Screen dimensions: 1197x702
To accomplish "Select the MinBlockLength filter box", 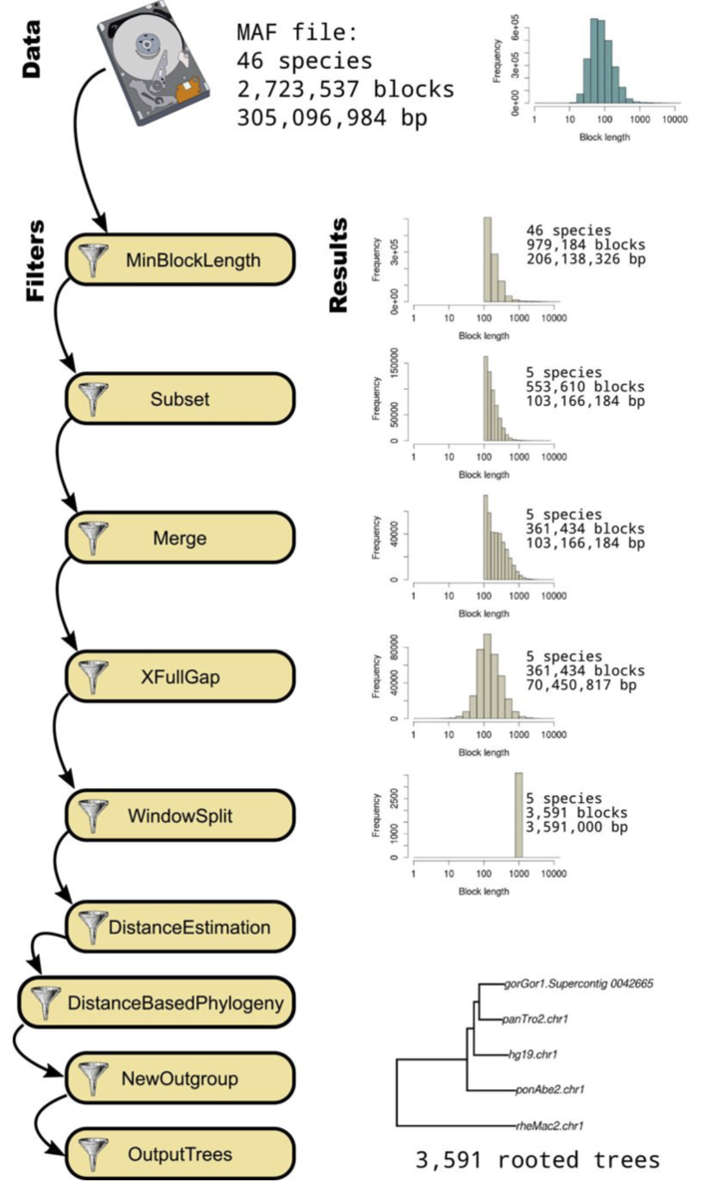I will [x=180, y=261].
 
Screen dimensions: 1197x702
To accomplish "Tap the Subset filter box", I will [x=180, y=400].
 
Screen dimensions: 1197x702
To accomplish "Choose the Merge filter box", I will [x=180, y=539].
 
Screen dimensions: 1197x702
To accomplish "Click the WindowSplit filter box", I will [x=180, y=816].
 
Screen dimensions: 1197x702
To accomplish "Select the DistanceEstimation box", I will [x=180, y=927].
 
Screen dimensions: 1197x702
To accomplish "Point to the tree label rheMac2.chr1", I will [x=548, y=1126].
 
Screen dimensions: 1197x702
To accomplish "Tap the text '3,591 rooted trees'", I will [x=537, y=1160].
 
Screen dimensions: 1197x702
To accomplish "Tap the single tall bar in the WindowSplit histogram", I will [x=519, y=814].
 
